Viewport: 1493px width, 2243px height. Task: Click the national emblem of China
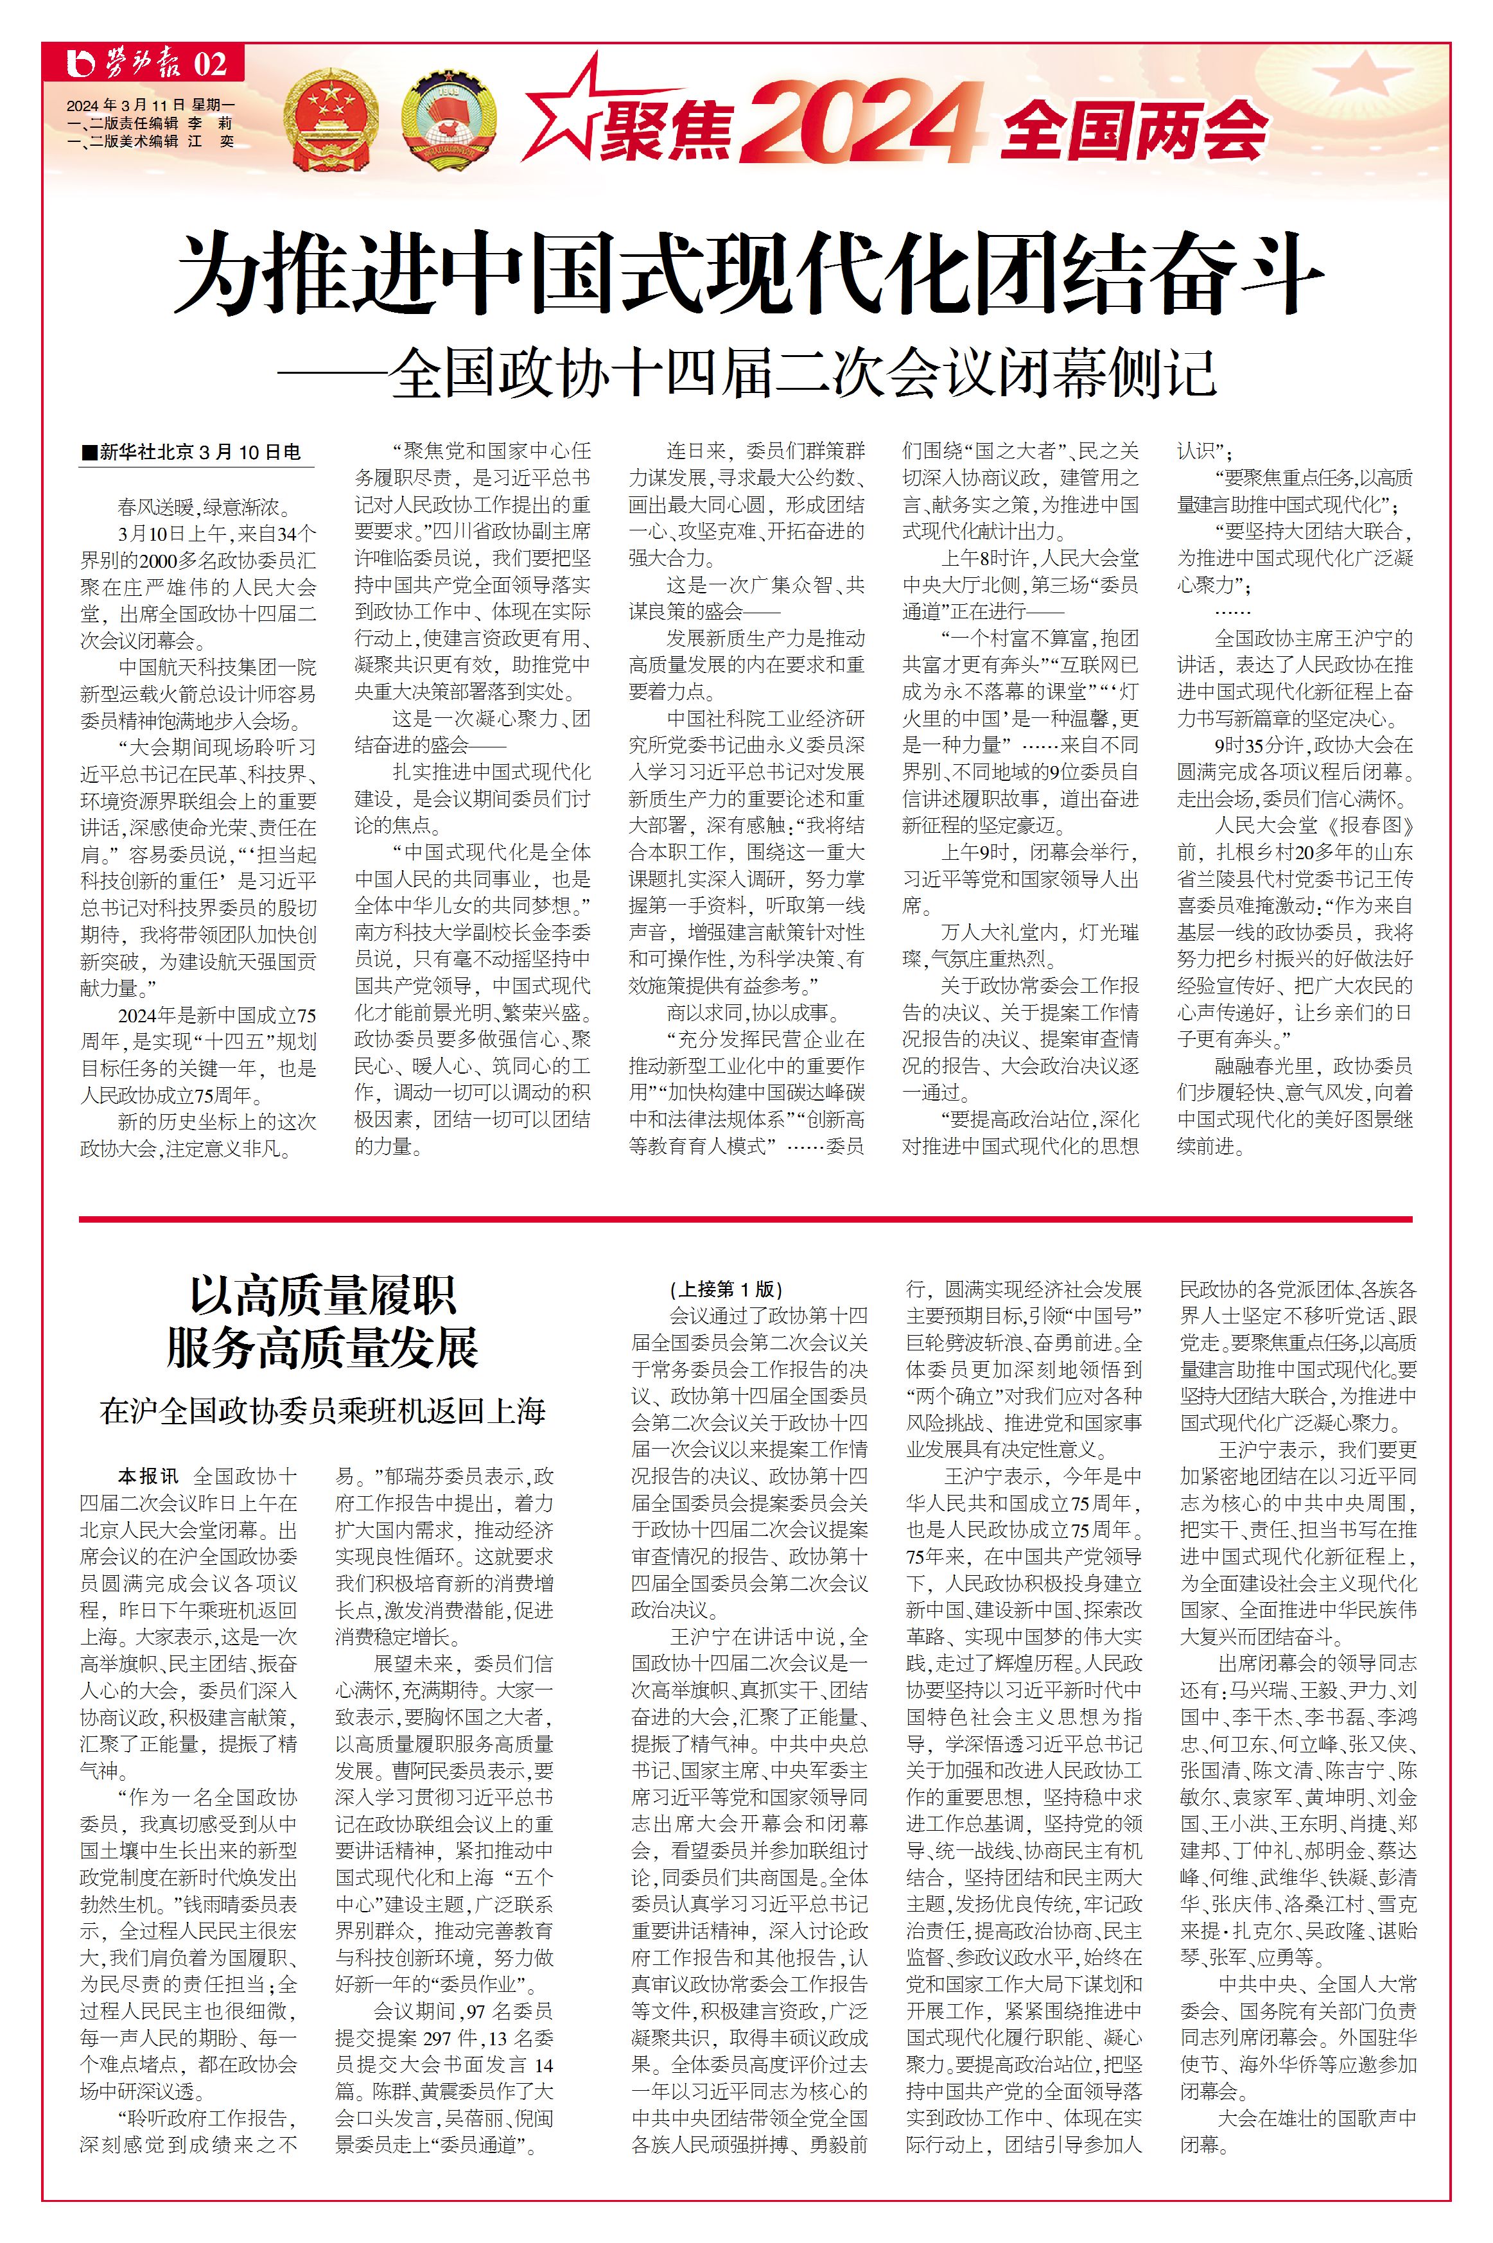331,121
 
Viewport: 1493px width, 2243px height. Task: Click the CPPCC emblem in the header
448,121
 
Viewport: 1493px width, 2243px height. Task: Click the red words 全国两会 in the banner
1133,130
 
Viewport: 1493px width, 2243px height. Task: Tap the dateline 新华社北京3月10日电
200,452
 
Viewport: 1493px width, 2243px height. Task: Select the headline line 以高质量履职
323,1295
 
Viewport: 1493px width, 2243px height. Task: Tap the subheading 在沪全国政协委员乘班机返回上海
323,1411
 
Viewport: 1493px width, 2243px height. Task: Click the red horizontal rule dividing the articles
746,1219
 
